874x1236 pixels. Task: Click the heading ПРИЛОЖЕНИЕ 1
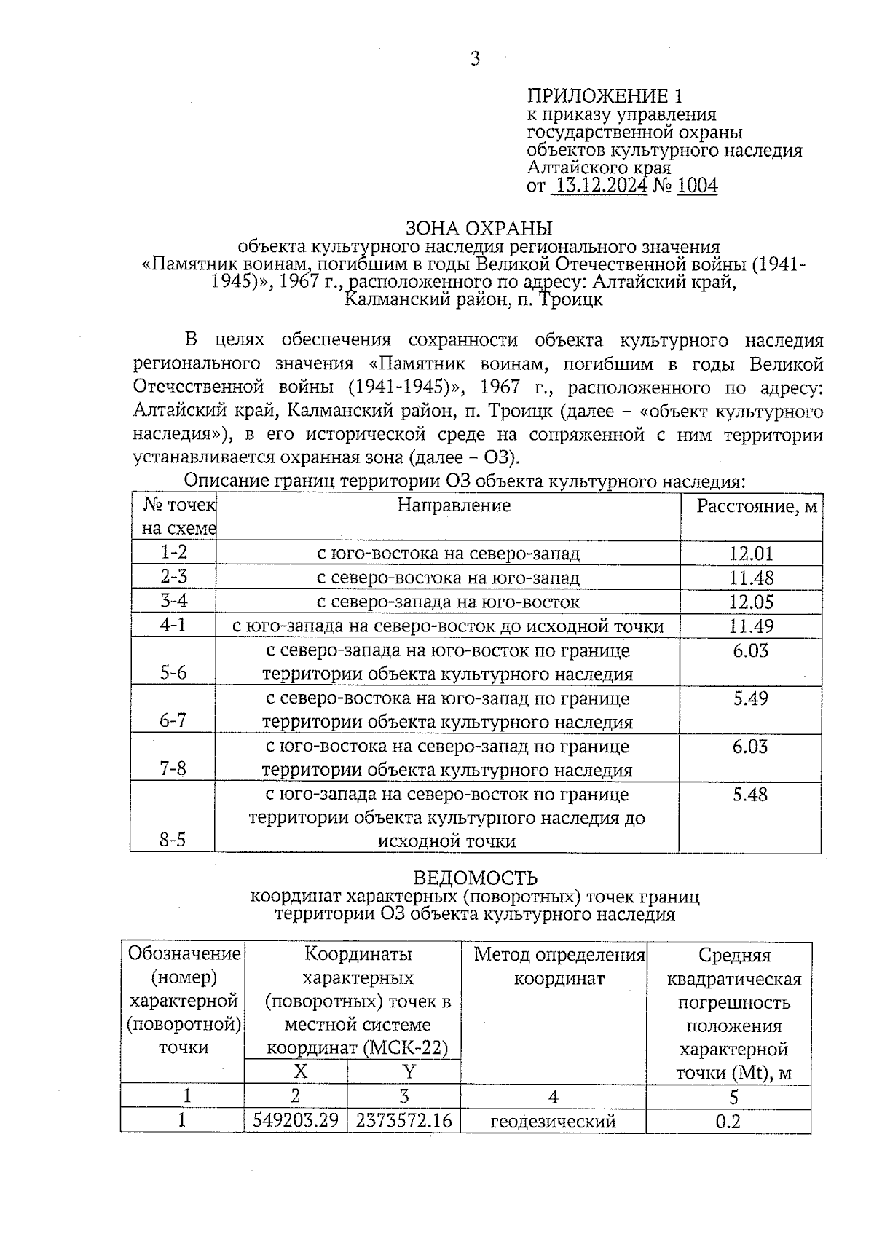point(605,96)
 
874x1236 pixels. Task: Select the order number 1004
point(697,186)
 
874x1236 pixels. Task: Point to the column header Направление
point(454,505)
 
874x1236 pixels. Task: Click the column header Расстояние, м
point(756,506)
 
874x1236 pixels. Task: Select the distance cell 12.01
point(751,554)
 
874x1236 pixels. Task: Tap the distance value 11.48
point(751,578)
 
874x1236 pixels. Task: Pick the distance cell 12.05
point(751,602)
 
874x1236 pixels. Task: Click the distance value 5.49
point(751,698)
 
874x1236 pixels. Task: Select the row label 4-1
point(173,626)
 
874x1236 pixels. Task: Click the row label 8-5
point(173,840)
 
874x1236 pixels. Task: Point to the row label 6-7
point(173,720)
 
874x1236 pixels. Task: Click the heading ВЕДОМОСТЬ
point(475,878)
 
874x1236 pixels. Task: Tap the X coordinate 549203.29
point(296,1120)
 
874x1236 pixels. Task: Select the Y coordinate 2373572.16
point(404,1120)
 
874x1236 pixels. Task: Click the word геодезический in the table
point(553,1122)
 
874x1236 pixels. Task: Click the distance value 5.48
point(751,795)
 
